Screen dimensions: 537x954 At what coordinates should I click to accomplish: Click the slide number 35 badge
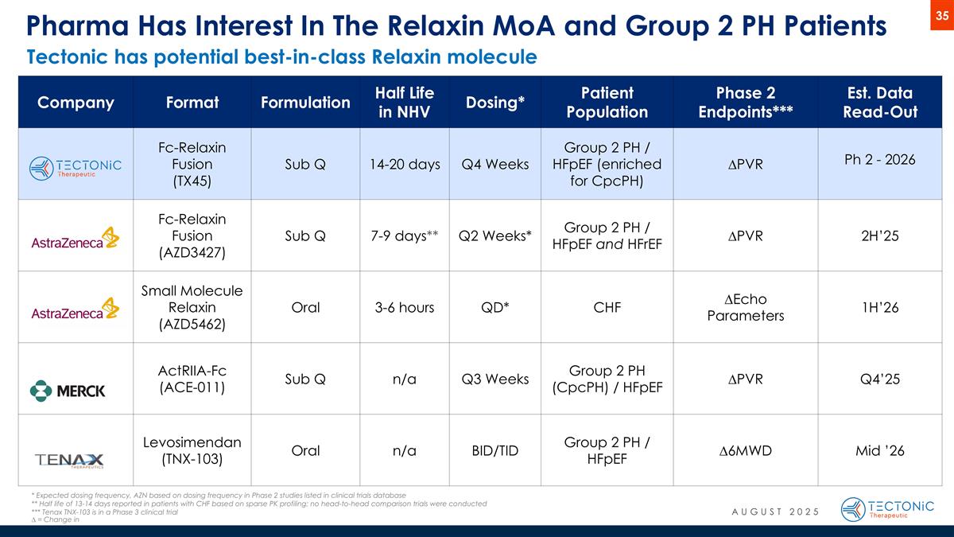coord(940,16)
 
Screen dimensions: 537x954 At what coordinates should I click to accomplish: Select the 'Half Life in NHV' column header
coord(405,102)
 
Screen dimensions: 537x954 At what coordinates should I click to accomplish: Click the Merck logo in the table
coord(68,390)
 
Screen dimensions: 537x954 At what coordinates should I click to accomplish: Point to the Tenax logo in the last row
coord(69,460)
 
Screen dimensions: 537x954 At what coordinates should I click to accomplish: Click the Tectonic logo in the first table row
coord(76,167)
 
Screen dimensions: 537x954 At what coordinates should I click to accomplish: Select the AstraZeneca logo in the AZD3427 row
coord(75,239)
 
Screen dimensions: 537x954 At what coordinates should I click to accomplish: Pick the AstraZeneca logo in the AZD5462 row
coord(75,309)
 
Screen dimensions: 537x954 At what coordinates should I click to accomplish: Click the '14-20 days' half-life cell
coord(405,164)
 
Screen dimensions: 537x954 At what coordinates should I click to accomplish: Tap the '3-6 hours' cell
coord(405,307)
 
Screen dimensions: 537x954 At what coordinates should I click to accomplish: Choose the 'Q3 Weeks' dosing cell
coord(495,379)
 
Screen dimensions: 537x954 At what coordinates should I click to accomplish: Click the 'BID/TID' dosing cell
coord(495,451)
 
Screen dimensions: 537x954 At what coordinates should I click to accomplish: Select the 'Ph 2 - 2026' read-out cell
coord(878,159)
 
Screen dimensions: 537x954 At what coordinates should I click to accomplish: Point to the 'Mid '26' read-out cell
coord(879,451)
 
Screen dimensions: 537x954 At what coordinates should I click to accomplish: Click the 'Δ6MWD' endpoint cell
coord(745,451)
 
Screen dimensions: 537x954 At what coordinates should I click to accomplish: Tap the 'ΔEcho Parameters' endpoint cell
coord(745,307)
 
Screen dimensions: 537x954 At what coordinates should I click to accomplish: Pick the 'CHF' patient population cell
coord(607,307)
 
